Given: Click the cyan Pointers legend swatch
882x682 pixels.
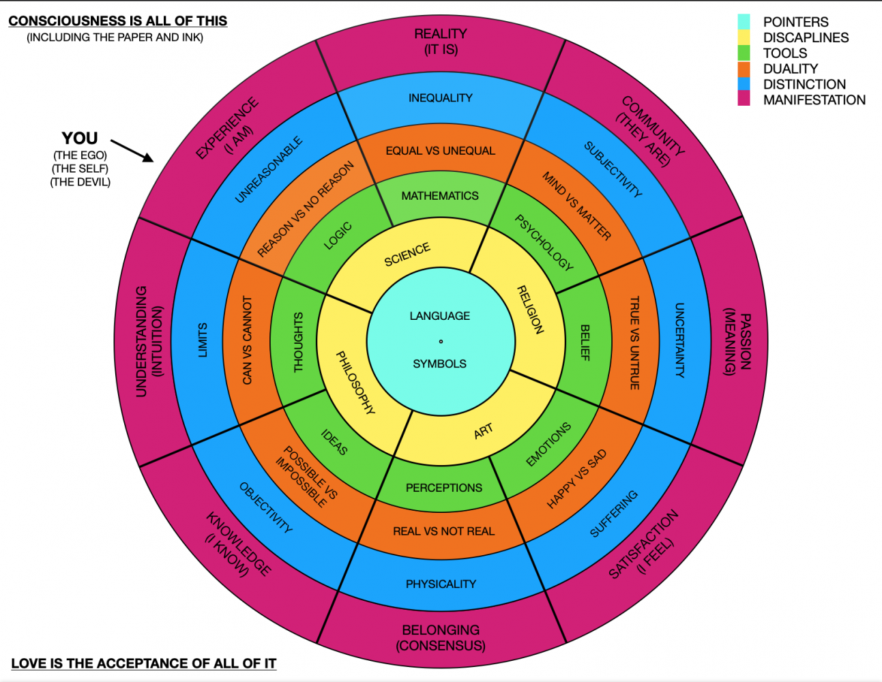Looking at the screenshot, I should pos(744,22).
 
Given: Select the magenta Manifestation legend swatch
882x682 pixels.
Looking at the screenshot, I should pos(744,100).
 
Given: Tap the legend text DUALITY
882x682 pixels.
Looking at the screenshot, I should pos(790,69).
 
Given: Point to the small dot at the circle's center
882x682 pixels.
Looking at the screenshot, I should pos(441,341).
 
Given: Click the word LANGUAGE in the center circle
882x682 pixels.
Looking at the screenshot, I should pos(440,316).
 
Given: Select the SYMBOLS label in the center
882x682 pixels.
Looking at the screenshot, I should pos(440,364).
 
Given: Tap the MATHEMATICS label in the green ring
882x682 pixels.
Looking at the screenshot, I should pos(440,196).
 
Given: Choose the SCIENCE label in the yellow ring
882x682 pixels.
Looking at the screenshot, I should pos(407,254).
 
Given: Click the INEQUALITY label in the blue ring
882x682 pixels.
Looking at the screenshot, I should pos(440,98).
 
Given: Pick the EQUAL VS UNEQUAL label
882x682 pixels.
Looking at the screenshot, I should pos(440,151).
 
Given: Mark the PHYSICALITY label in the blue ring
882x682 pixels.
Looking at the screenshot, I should pos(441,584).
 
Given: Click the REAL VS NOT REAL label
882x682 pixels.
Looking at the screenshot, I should pos(443,531).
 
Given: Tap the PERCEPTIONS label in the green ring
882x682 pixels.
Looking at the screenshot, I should pos(443,488).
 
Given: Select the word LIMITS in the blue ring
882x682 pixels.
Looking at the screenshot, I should pos(203,340).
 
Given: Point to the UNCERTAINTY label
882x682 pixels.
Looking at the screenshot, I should pos(679,340).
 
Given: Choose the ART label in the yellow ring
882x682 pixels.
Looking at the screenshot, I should pos(483,431).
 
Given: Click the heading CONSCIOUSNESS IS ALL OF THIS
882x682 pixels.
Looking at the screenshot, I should pos(117,21).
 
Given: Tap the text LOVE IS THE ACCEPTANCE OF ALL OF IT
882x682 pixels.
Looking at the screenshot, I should pos(143,664).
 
